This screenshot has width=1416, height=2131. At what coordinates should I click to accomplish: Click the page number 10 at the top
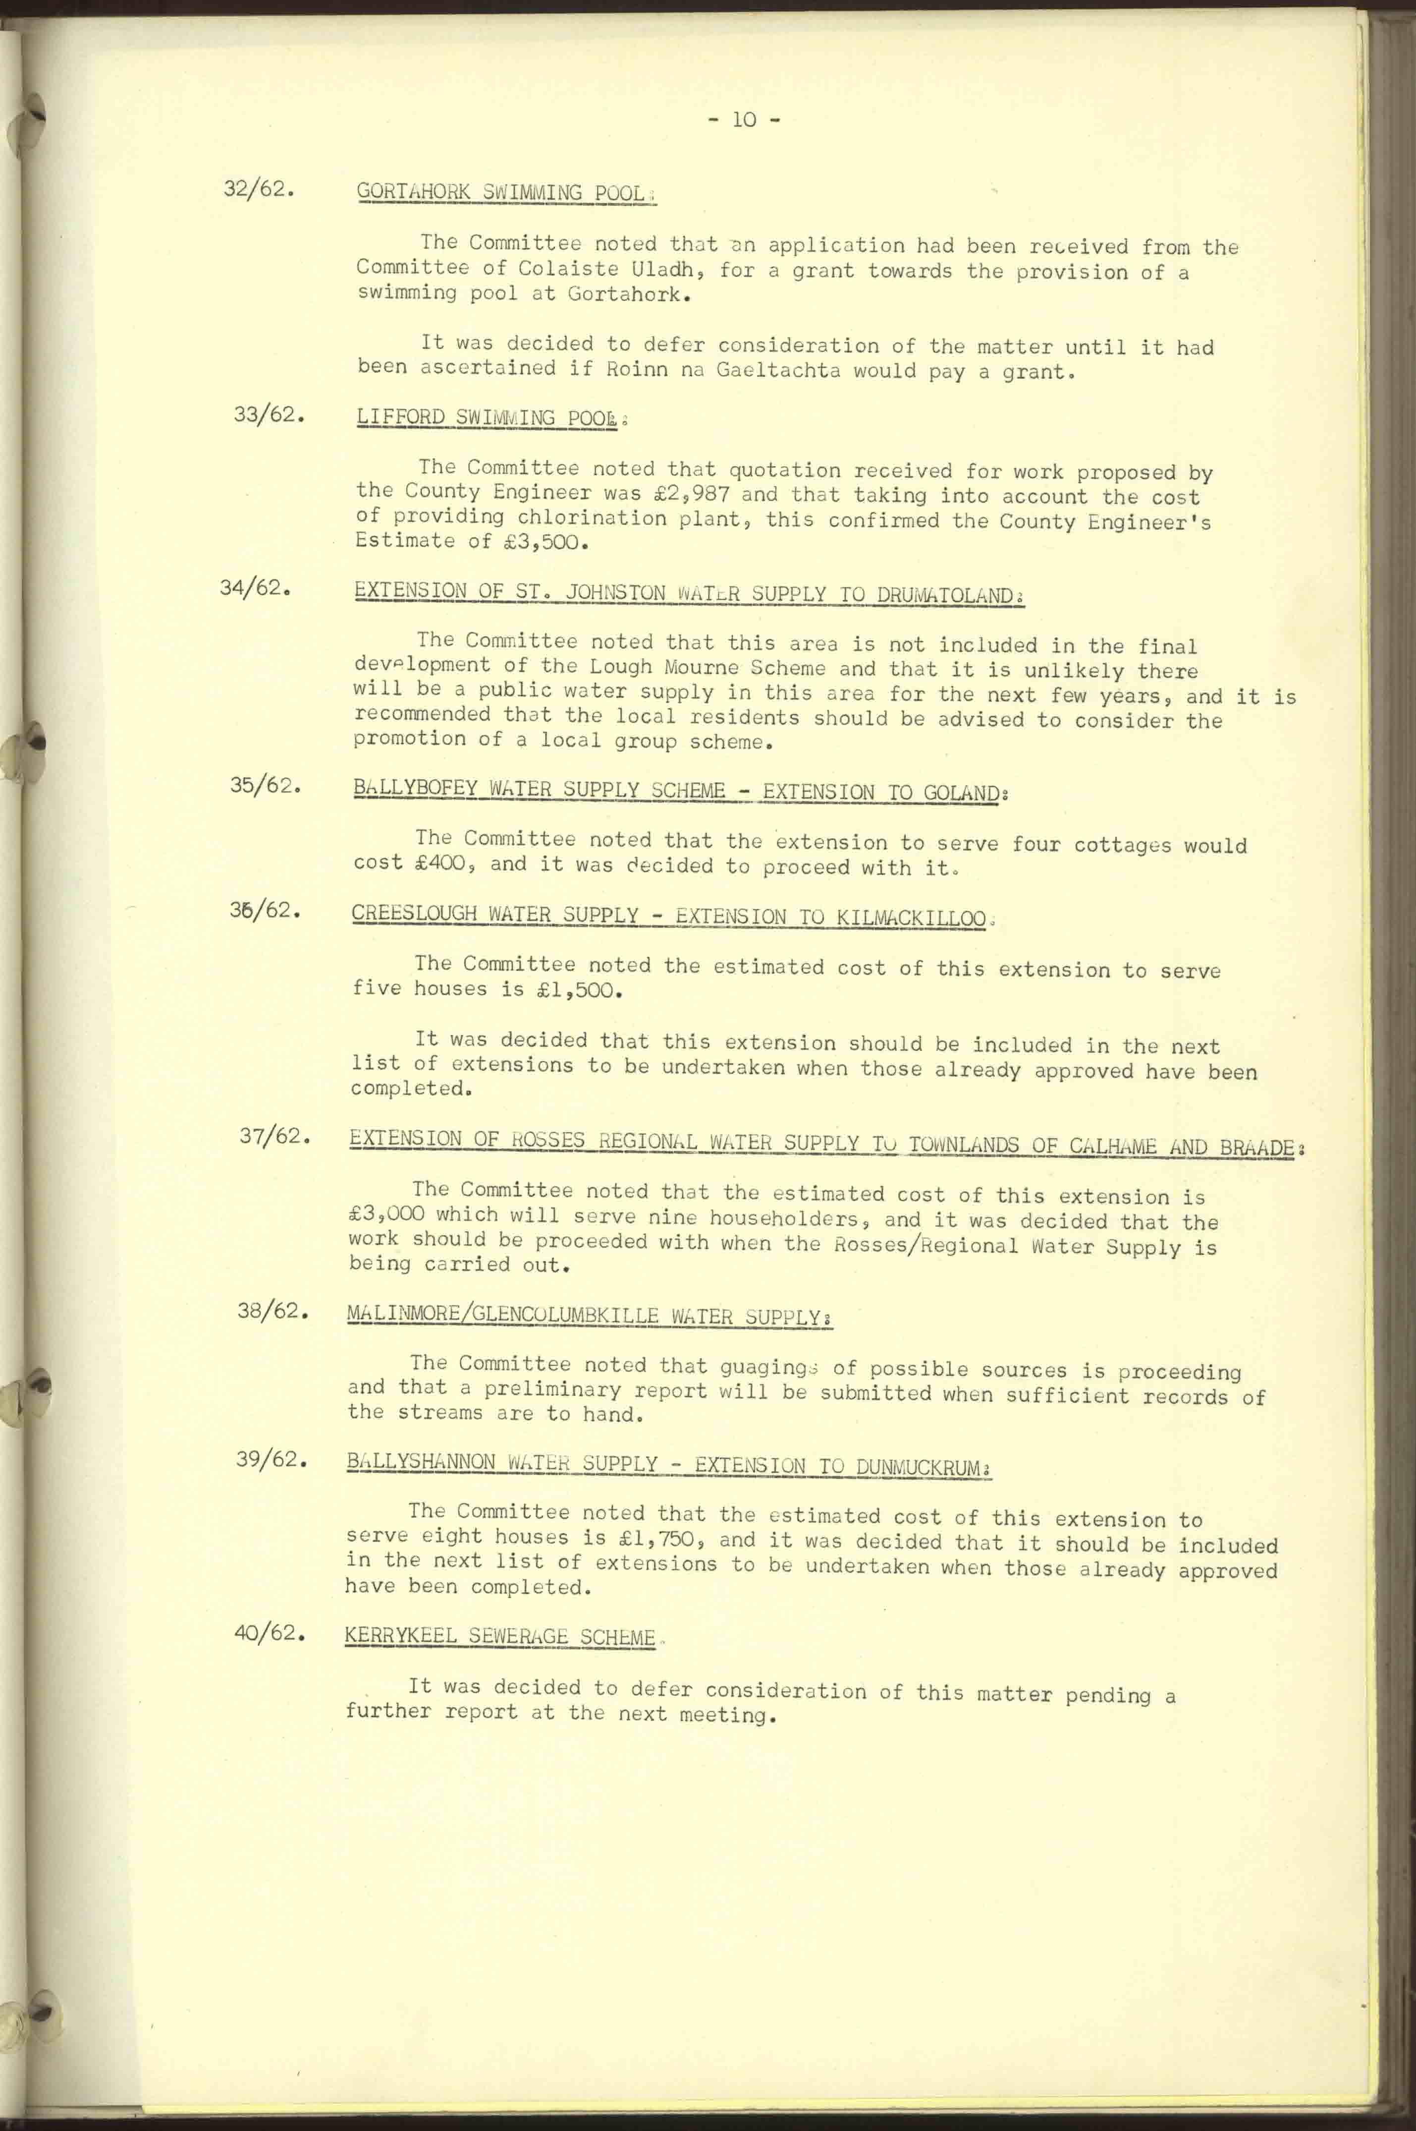point(743,119)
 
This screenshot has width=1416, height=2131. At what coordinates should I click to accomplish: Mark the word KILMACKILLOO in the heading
point(911,919)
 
